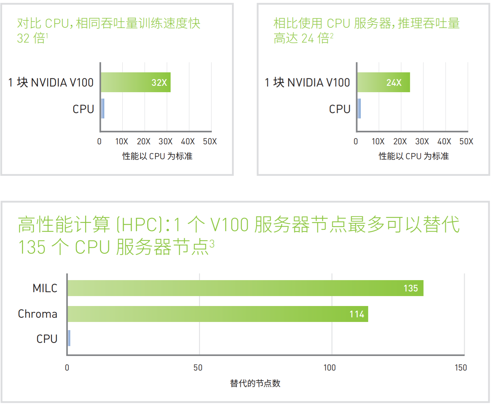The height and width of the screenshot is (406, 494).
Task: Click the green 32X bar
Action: [135, 82]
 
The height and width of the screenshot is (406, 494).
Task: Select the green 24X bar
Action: [383, 82]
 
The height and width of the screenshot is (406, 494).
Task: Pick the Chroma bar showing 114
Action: [217, 314]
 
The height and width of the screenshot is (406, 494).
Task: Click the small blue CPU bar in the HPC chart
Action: [69, 338]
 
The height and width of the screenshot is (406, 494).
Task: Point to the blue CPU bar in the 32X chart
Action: [102, 109]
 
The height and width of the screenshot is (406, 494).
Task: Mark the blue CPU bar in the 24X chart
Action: [359, 109]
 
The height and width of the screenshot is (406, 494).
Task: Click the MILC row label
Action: [45, 288]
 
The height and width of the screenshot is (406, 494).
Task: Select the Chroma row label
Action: [38, 314]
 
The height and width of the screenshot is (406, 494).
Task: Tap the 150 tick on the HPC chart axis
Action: [461, 368]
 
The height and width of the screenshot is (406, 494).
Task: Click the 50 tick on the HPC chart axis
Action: [198, 368]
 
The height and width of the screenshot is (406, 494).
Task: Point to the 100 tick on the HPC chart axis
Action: [329, 368]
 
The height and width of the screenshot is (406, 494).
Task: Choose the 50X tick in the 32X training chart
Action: [210, 141]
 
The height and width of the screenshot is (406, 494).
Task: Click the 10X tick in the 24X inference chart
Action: [378, 141]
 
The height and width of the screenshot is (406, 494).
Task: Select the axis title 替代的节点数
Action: [255, 383]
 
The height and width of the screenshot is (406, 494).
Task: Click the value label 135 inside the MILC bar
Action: [411, 288]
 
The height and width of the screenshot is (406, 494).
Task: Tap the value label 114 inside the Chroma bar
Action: [357, 314]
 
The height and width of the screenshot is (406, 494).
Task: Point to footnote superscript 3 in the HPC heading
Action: [212, 244]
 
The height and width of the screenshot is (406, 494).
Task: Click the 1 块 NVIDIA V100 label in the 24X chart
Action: [307, 83]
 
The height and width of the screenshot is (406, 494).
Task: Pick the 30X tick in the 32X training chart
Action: [165, 141]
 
